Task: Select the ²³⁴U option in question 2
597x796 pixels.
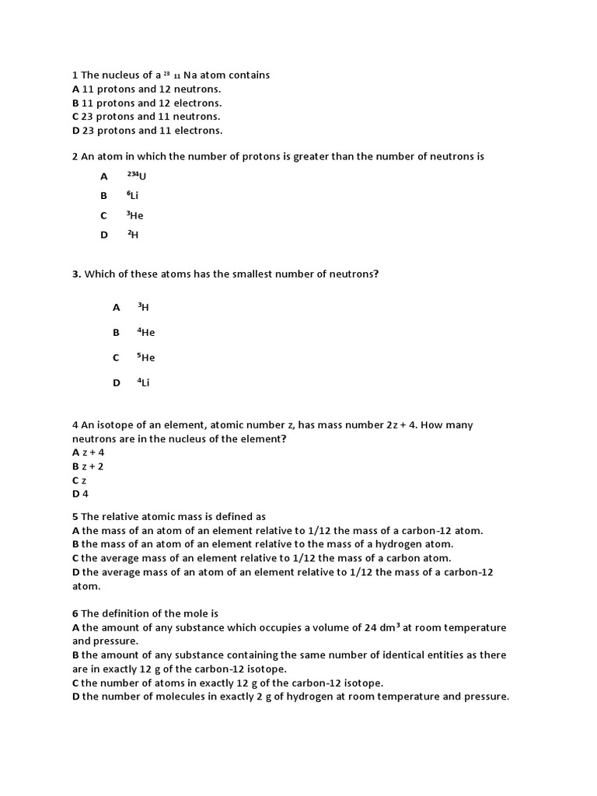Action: (x=136, y=176)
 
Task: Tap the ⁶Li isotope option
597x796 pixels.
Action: (x=133, y=196)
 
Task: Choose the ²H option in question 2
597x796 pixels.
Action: (x=132, y=234)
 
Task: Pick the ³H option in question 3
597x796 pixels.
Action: (x=143, y=307)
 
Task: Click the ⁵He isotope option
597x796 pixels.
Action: (x=145, y=358)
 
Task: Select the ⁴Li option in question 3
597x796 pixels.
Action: (x=143, y=382)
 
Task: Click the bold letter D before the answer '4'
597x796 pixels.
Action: (x=75, y=494)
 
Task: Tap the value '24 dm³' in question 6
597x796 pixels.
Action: (x=377, y=627)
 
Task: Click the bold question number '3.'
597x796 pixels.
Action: (x=76, y=274)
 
